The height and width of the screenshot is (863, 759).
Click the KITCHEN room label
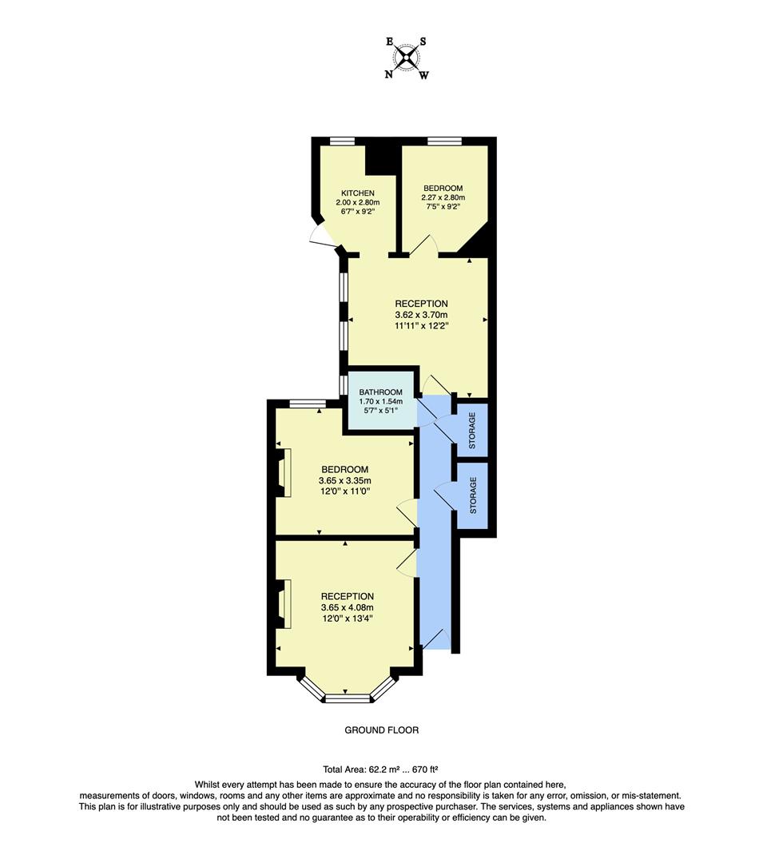tap(357, 193)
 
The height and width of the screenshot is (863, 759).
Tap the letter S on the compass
tap(423, 42)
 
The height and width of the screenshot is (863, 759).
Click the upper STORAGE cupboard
tap(472, 430)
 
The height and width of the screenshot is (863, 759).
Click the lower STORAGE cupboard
tap(472, 495)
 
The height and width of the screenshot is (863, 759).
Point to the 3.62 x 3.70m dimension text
tap(421, 315)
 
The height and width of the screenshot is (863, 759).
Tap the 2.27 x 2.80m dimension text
tap(443, 197)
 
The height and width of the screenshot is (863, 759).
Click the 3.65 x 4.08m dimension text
tap(347, 607)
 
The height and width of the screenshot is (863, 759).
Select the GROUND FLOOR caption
tap(381, 730)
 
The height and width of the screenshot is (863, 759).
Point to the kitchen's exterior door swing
tap(320, 235)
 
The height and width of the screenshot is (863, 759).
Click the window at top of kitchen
tap(343, 141)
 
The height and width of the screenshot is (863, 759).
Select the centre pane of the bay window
tap(348, 698)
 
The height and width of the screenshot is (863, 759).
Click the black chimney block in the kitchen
tap(381, 158)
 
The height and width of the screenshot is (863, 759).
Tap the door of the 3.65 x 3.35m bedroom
tap(406, 511)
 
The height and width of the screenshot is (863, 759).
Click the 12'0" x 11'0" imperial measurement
tap(344, 491)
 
